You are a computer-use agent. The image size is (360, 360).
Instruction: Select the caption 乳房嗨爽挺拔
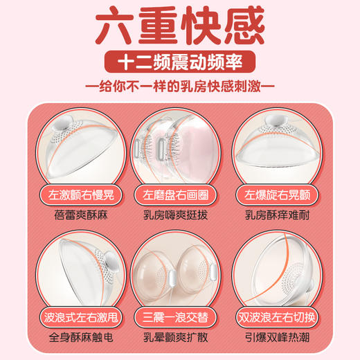[x=180, y=214]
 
